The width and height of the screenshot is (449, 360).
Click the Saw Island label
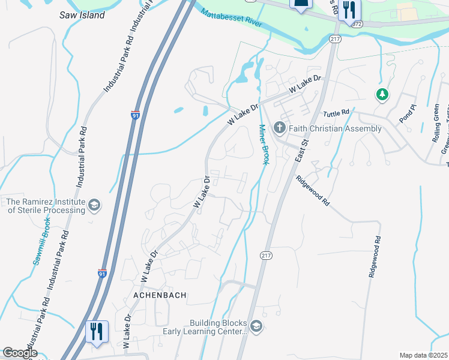pyautogui.click(x=82, y=15)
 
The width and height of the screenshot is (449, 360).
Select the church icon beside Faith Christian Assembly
pyautogui.click(x=279, y=128)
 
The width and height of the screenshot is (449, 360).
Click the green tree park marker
pyautogui.click(x=381, y=95)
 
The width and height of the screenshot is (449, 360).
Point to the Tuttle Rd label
pyautogui.click(x=336, y=113)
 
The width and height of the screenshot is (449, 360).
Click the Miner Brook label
pyautogui.click(x=263, y=144)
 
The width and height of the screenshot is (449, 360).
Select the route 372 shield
pyautogui.click(x=357, y=24)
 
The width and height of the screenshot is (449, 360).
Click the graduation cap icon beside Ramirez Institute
pyautogui.click(x=94, y=206)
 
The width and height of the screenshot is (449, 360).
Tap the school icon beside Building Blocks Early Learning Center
pyautogui.click(x=256, y=326)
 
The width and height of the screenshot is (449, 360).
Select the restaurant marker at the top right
pyautogui.click(x=348, y=10)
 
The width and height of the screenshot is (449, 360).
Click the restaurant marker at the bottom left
pyautogui.click(x=97, y=331)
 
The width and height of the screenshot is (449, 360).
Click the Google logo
pyautogui.click(x=19, y=353)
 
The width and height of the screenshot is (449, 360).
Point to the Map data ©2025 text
pyautogui.click(x=423, y=355)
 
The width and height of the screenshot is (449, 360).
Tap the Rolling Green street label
pyautogui.click(x=436, y=123)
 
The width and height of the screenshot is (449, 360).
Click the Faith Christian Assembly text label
pyautogui.click(x=335, y=128)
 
